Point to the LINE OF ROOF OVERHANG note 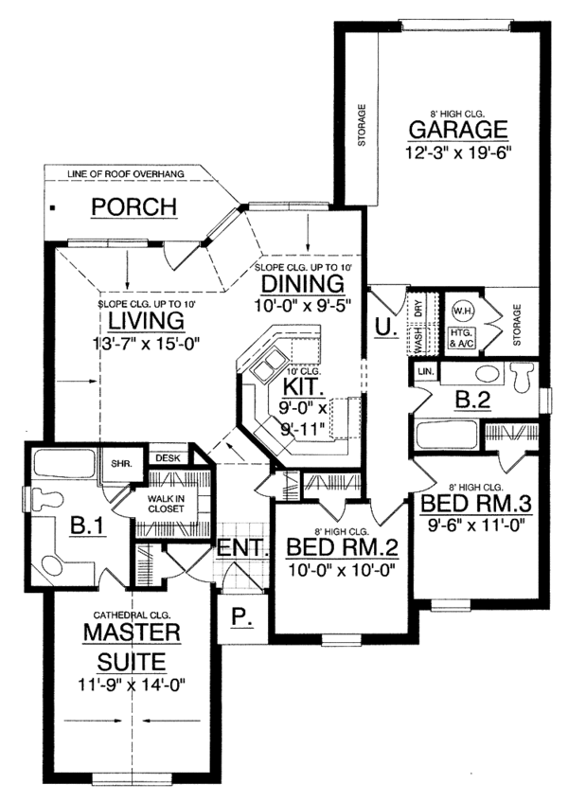(x=125, y=174)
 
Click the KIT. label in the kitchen (x=303, y=386)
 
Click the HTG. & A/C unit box (x=461, y=339)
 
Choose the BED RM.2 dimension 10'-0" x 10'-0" (x=342, y=569)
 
